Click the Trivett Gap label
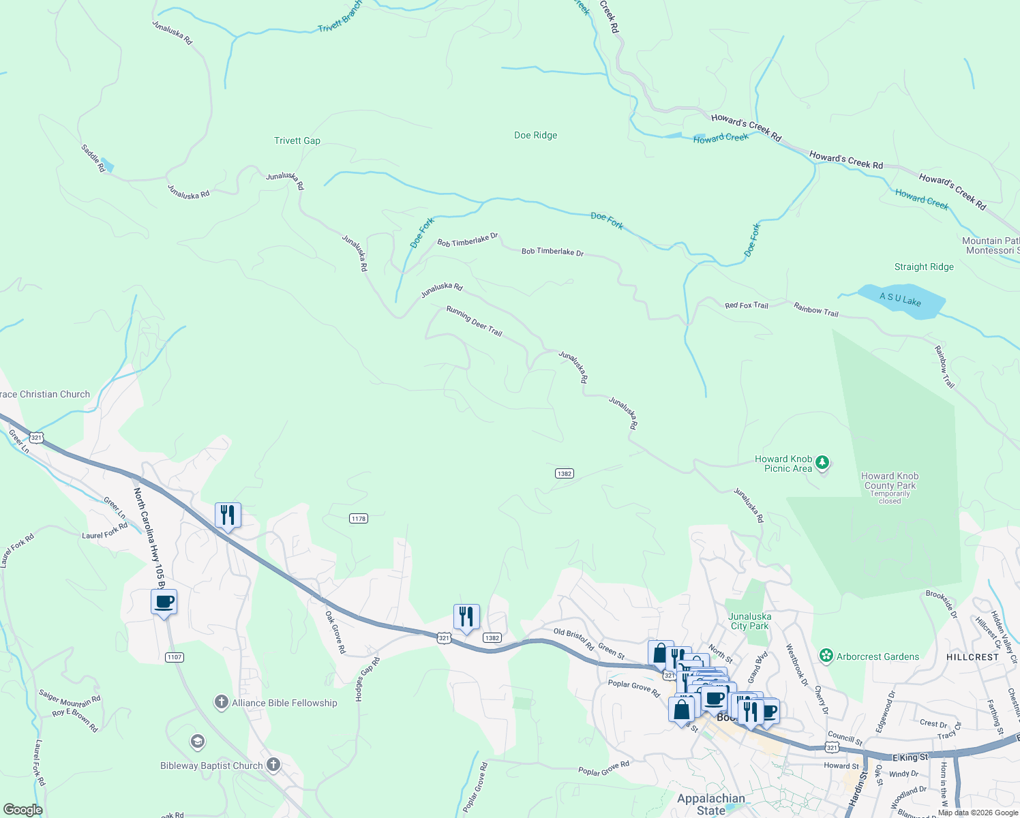tap(297, 141)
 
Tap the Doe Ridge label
tap(535, 136)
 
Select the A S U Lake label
tap(900, 299)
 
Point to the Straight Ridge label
tap(924, 267)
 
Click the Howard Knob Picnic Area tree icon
tap(822, 464)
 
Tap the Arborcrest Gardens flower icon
tap(826, 656)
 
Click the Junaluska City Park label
tap(749, 621)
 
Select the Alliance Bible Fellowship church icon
tap(221, 702)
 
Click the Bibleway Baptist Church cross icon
tap(273, 765)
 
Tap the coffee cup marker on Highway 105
tap(164, 603)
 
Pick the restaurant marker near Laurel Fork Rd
tap(228, 515)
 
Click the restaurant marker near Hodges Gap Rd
tap(466, 617)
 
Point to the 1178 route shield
tap(359, 519)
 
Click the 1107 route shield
tap(174, 657)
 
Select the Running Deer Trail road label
tap(474, 321)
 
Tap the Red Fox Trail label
tap(746, 305)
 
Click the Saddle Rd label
tap(93, 158)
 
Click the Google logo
tap(23, 809)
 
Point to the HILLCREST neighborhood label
tap(972, 657)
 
